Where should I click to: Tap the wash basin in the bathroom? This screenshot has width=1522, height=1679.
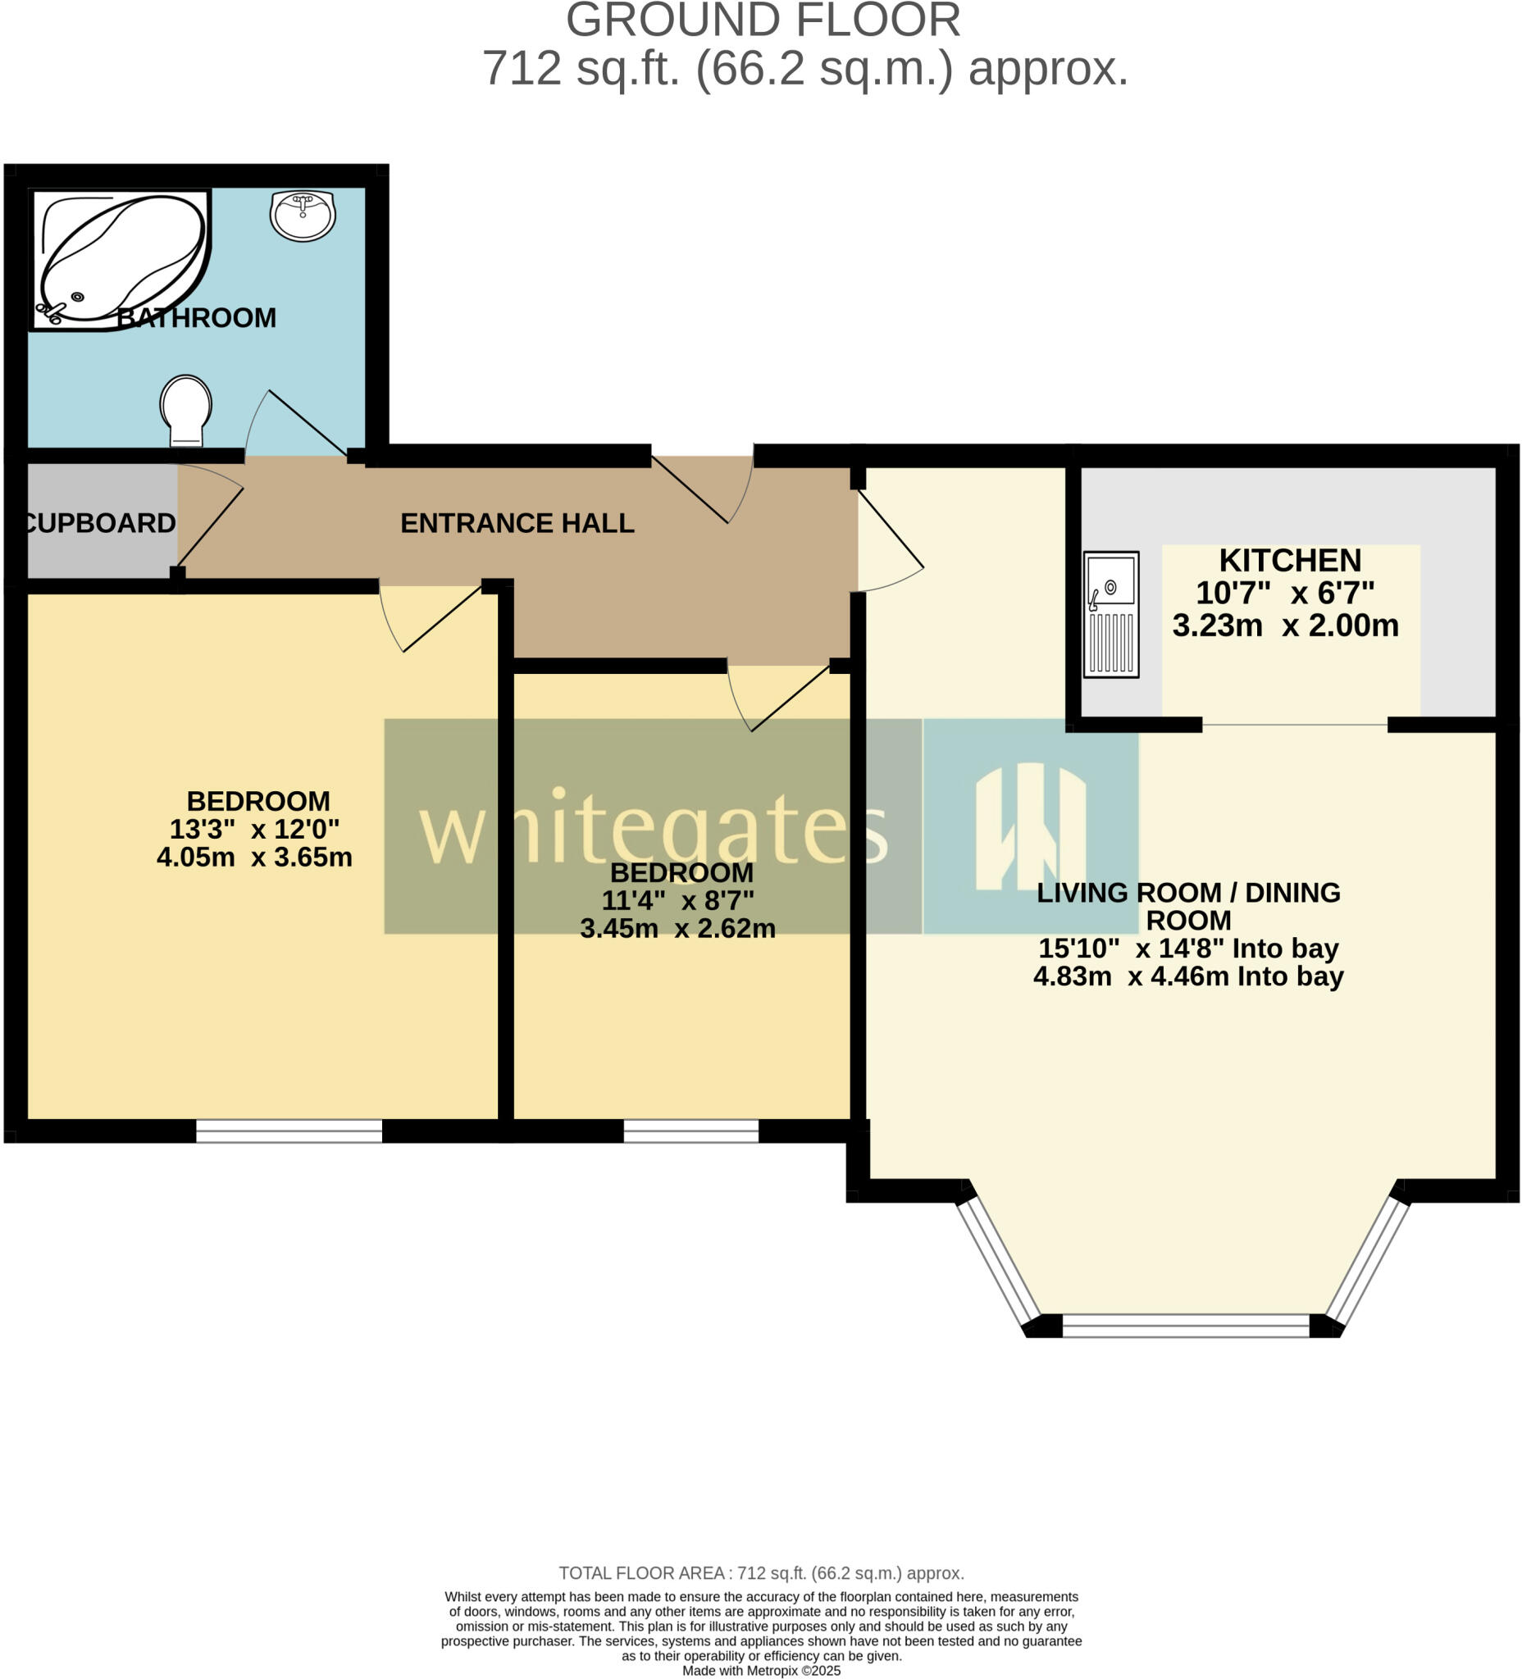pyautogui.click(x=303, y=215)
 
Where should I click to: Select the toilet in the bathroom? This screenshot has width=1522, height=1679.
pyautogui.click(x=186, y=410)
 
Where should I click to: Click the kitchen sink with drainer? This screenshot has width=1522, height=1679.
pyautogui.click(x=1110, y=614)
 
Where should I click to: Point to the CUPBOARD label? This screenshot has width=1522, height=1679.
pyautogui.click(x=100, y=523)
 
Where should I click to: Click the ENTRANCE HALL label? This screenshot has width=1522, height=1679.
pyautogui.click(x=517, y=523)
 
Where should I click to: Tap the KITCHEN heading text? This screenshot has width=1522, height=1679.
pyautogui.click(x=1290, y=561)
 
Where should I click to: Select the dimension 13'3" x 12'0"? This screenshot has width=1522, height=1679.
pyautogui.click(x=254, y=829)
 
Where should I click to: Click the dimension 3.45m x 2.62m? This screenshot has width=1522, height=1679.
pyautogui.click(x=677, y=928)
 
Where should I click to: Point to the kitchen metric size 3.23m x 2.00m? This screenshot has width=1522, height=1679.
pyautogui.click(x=1284, y=626)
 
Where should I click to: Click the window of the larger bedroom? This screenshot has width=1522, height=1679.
pyautogui.click(x=289, y=1131)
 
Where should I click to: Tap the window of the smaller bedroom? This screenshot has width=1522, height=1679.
pyautogui.click(x=690, y=1131)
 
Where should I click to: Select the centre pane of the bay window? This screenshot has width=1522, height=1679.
pyautogui.click(x=1186, y=1325)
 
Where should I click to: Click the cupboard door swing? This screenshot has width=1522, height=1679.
pyautogui.click(x=210, y=525)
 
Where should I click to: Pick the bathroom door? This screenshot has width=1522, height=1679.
pyautogui.click(x=300, y=423)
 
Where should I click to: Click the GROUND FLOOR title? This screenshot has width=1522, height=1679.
pyautogui.click(x=763, y=20)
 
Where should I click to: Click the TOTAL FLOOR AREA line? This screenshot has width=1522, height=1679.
pyautogui.click(x=760, y=1573)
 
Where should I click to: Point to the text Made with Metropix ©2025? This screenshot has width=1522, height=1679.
pyautogui.click(x=760, y=1671)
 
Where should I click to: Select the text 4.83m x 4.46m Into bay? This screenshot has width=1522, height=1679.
pyautogui.click(x=1188, y=976)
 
